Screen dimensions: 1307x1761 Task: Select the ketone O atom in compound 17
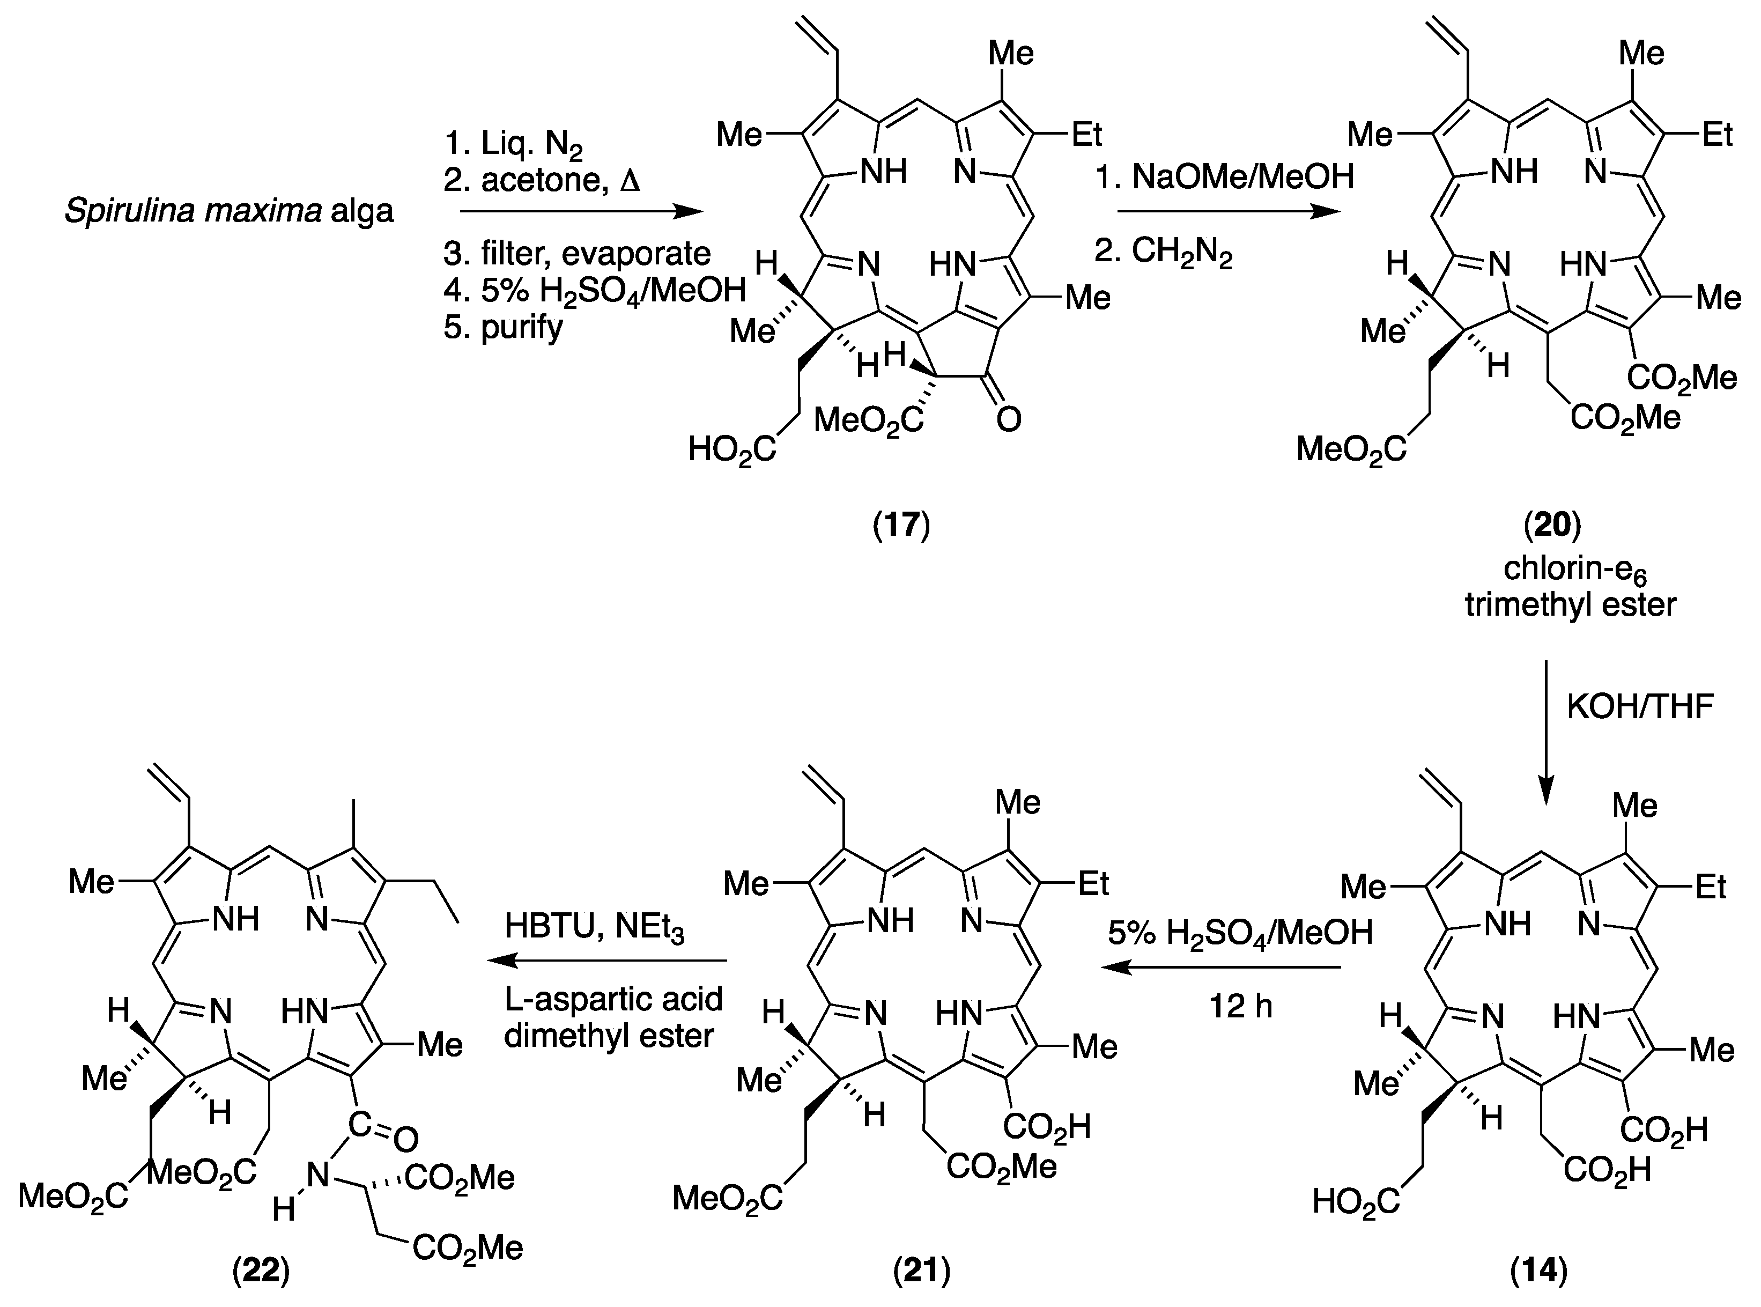click(x=1008, y=420)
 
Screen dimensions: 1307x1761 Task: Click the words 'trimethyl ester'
click(x=1570, y=606)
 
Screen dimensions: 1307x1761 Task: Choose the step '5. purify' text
click(x=503, y=326)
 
